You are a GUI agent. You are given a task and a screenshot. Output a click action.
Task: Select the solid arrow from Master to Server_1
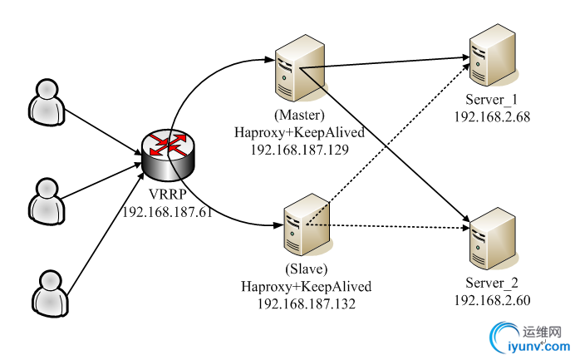tap(391, 63)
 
